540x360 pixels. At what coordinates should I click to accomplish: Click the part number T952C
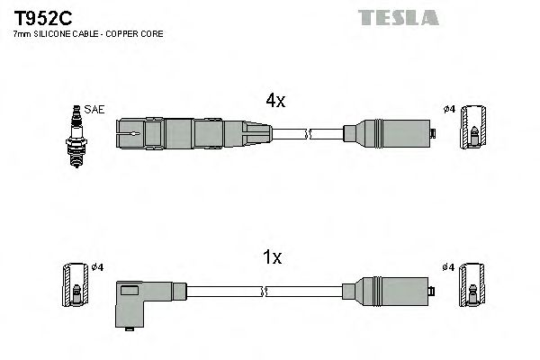pyautogui.click(x=34, y=17)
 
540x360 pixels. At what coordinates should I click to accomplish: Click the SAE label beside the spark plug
pyautogui.click(x=96, y=109)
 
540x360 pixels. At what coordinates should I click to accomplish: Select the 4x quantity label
pyautogui.click(x=274, y=102)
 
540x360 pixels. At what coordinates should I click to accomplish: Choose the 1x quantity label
pyautogui.click(x=273, y=258)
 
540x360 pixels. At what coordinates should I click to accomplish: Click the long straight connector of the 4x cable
pyautogui.click(x=193, y=135)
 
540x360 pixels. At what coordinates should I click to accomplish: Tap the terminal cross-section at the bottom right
pyautogui.click(x=474, y=285)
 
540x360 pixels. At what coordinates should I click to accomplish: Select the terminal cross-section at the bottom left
pyautogui.click(x=76, y=285)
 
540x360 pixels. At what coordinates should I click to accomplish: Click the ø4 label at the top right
pyautogui.click(x=449, y=110)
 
